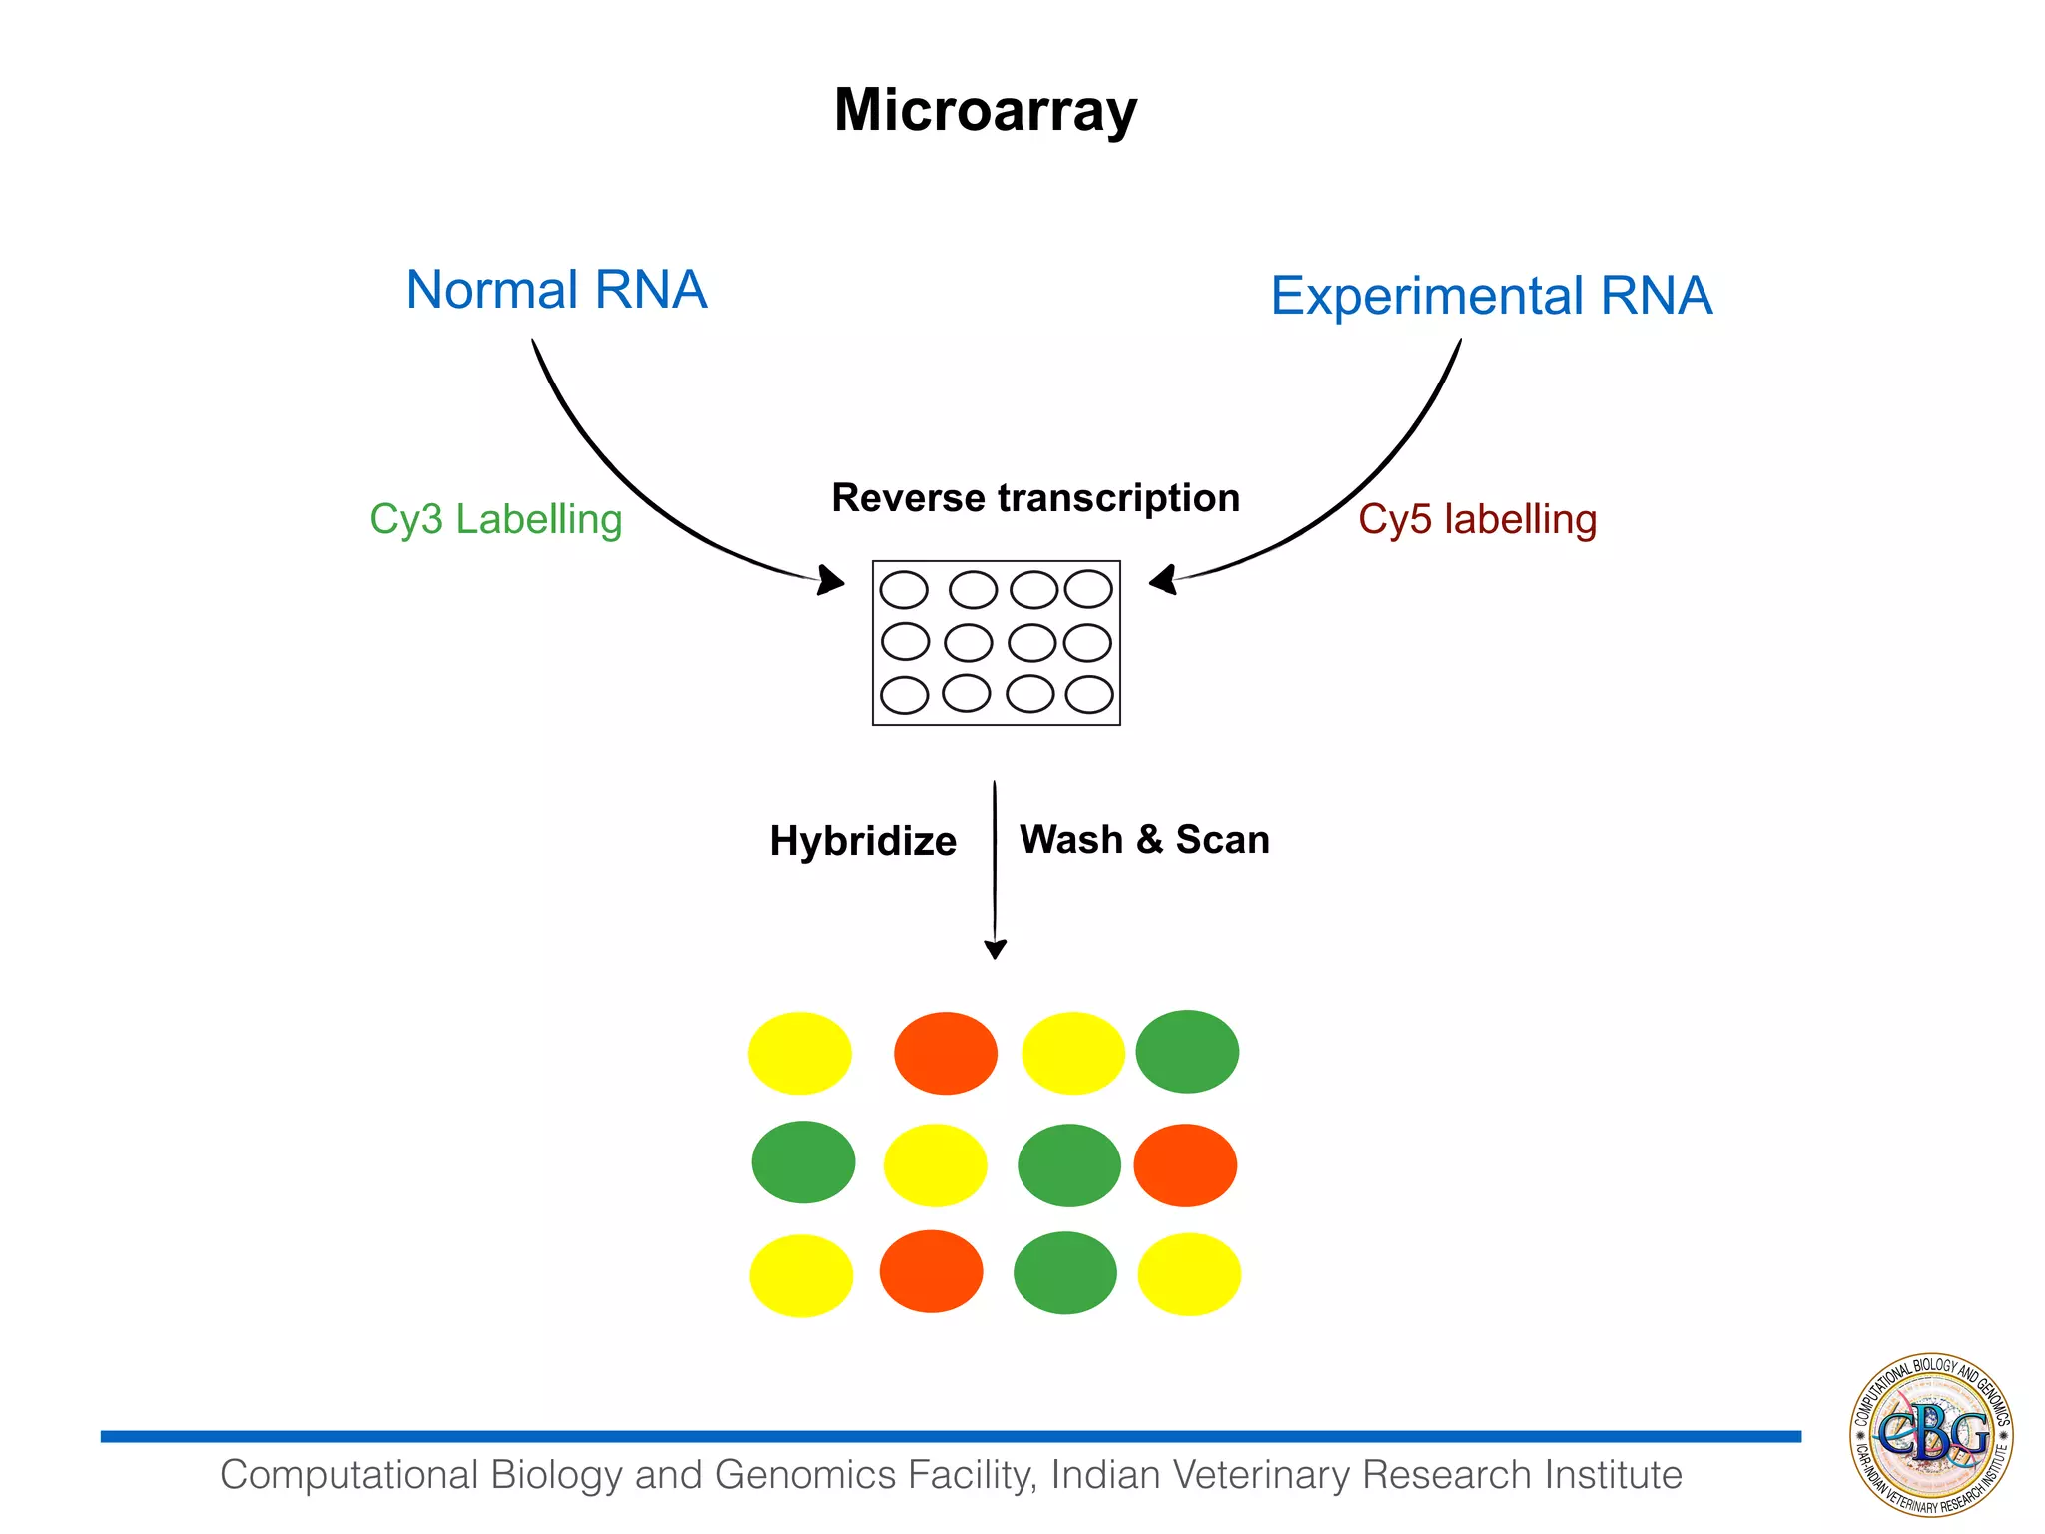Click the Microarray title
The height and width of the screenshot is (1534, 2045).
coord(985,110)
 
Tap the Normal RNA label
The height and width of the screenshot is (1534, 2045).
coord(556,290)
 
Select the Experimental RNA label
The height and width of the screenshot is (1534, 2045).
coord(1491,296)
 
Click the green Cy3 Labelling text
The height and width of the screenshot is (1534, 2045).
coord(495,519)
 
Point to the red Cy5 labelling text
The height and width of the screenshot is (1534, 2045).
coord(1477,519)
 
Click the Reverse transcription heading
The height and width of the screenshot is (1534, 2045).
coord(1035,497)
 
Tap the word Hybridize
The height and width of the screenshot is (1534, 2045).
coord(863,841)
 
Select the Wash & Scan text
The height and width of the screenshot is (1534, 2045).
coord(1144,840)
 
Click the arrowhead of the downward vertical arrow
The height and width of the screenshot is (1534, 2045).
coord(995,948)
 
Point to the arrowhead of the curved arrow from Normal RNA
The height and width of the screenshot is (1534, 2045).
coord(831,580)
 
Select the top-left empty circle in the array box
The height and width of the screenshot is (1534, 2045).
coord(904,590)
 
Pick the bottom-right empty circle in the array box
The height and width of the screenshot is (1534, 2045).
coord(1089,695)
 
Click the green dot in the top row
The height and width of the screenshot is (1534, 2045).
coord(1187,1052)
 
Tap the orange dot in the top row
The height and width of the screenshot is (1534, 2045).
coord(945,1054)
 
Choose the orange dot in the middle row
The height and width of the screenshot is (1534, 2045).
coord(1185,1165)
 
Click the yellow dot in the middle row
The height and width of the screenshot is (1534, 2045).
coord(935,1165)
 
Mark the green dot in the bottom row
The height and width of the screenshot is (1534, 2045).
coord(1064,1273)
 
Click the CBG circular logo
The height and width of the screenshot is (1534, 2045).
coord(1931,1435)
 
